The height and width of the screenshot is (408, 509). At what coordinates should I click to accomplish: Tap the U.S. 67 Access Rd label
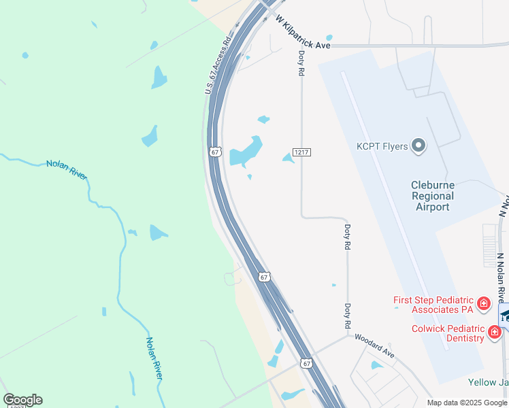[x=218, y=65]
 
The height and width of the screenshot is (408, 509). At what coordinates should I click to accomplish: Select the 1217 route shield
[x=301, y=152]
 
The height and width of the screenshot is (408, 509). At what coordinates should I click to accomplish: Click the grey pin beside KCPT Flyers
[x=418, y=146]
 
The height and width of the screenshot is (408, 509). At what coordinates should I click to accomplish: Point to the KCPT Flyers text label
[x=382, y=146]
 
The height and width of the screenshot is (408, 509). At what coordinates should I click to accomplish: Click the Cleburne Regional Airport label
[x=432, y=196]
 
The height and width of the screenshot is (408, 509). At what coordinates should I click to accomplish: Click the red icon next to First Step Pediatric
[x=483, y=303]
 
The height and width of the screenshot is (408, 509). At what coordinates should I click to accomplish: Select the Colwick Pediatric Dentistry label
[x=447, y=333]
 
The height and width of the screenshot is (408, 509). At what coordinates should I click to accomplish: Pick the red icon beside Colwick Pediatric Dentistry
[x=495, y=333]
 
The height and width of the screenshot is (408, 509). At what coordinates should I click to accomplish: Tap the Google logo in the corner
[x=22, y=399]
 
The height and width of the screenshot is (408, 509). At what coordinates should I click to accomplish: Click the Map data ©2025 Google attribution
[x=467, y=403]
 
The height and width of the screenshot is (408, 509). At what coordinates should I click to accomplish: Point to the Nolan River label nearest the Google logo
[x=154, y=358]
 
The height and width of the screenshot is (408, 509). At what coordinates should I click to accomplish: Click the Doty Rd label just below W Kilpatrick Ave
[x=301, y=62]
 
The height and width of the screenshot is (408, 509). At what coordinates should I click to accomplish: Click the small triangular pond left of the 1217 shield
[x=289, y=158]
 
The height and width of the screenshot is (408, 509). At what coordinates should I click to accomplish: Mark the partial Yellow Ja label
[x=488, y=382]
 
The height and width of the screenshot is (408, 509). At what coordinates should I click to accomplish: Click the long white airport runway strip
[x=395, y=211]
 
